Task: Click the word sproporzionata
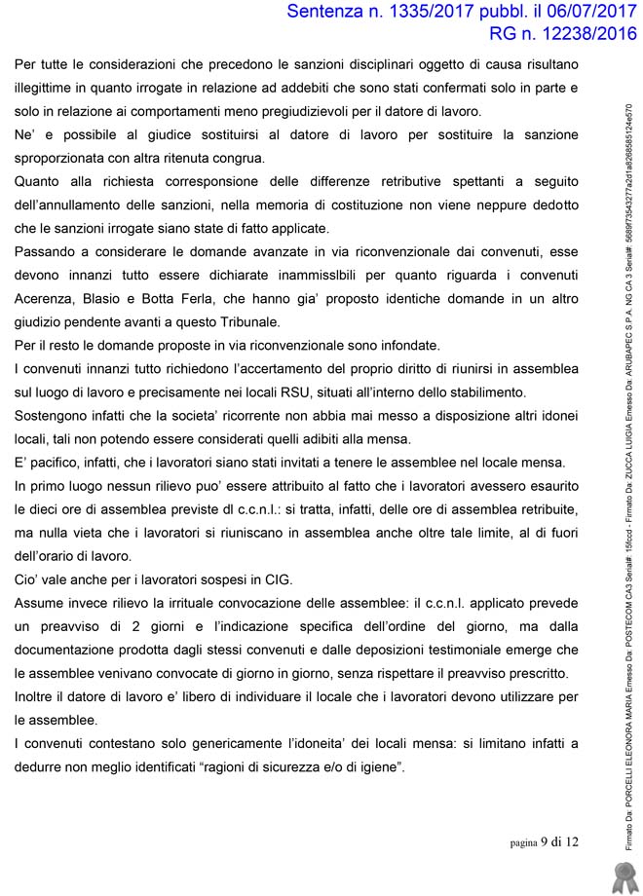click(x=61, y=158)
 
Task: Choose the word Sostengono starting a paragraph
click(x=51, y=415)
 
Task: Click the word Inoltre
click(x=38, y=696)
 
